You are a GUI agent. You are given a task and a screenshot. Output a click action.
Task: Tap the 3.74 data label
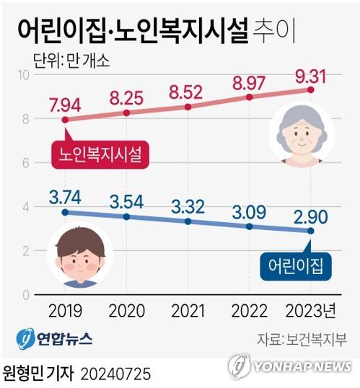click(x=66, y=195)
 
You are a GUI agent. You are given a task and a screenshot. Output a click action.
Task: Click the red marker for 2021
click(x=188, y=107)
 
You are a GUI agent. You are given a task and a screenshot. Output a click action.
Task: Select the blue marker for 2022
click(x=250, y=226)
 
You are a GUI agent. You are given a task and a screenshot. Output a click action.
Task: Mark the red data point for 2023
click(x=311, y=89)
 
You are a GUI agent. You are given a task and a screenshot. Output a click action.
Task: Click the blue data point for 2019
click(x=66, y=212)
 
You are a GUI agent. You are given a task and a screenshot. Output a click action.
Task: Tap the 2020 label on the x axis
click(x=127, y=312)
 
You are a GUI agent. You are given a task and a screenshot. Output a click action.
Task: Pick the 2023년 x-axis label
click(x=311, y=312)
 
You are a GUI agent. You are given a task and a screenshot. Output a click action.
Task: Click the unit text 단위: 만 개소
click(x=69, y=56)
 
